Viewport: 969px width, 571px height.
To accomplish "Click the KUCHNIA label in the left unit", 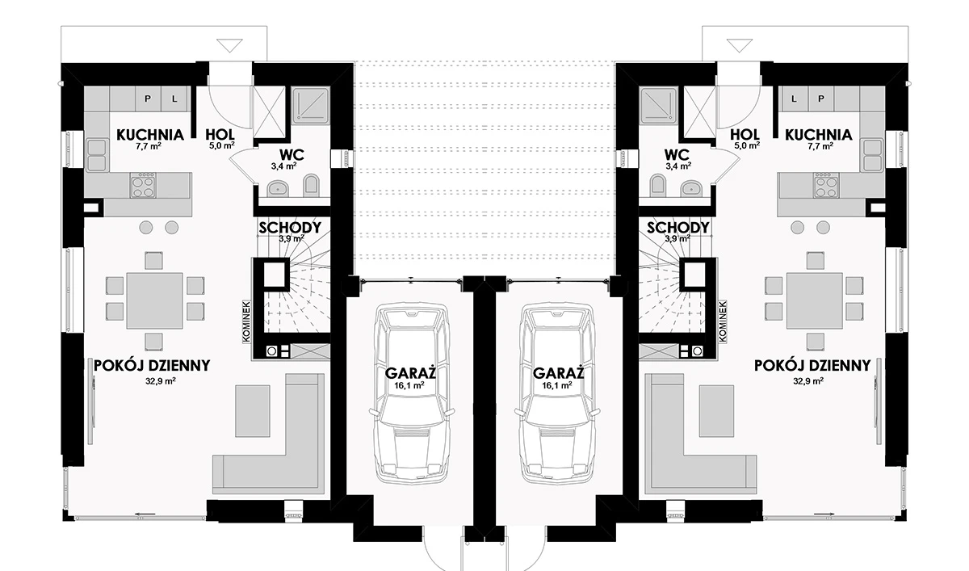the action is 150,135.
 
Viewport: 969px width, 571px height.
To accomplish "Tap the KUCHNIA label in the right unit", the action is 819,135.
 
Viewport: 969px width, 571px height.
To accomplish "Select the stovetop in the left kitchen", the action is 143,185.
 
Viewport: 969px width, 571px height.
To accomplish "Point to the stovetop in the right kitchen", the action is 826,185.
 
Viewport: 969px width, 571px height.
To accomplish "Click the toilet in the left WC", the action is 311,185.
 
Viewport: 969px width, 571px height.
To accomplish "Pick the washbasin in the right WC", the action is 691,188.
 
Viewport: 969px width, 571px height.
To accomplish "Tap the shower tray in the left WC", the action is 311,105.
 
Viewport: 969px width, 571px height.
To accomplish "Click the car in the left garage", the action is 411,393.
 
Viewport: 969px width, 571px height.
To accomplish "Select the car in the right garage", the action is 558,393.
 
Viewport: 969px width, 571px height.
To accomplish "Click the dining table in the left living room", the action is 154,300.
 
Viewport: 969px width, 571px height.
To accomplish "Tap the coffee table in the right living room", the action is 716,411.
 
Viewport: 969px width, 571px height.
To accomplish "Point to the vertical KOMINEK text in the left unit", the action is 246,321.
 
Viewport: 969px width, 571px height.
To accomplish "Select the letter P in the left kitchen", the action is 148,99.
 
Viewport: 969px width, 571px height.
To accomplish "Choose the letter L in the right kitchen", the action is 794,99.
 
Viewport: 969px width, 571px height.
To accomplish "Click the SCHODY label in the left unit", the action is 290,228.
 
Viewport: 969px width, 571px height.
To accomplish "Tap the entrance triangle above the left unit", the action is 229,45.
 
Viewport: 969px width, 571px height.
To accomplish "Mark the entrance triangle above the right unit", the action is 740,45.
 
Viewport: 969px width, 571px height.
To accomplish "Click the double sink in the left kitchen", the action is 97,154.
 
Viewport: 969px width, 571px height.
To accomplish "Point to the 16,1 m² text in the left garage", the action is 409,385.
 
